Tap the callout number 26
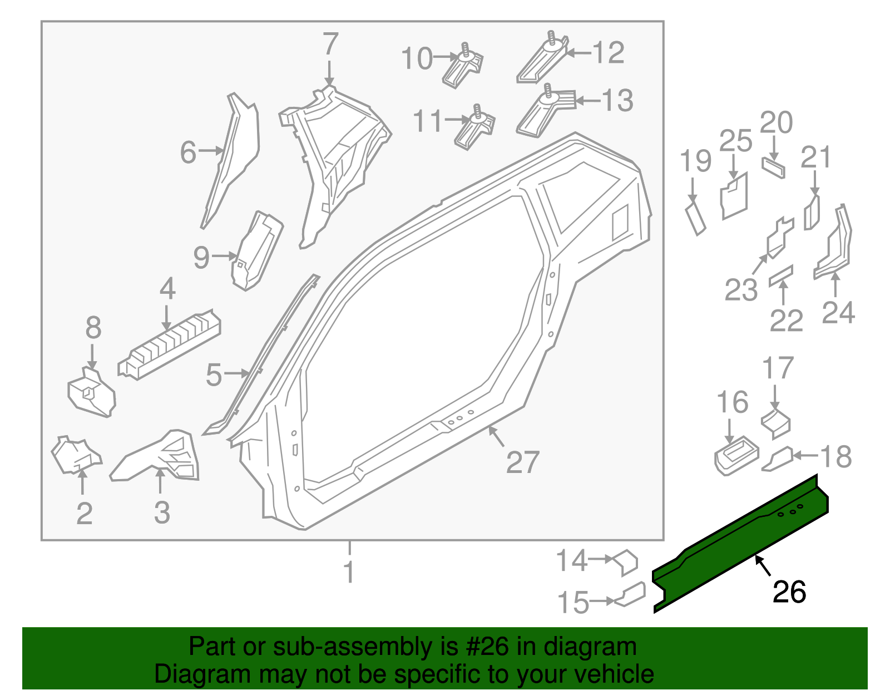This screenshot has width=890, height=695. pos(789,592)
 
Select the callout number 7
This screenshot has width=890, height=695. pos(330,45)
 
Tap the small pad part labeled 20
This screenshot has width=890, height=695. pos(773,167)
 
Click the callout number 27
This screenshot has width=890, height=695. pos(522,462)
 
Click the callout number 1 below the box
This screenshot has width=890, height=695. pos(349,572)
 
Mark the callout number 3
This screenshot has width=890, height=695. pos(161,512)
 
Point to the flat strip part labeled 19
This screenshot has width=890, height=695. pos(695,219)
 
